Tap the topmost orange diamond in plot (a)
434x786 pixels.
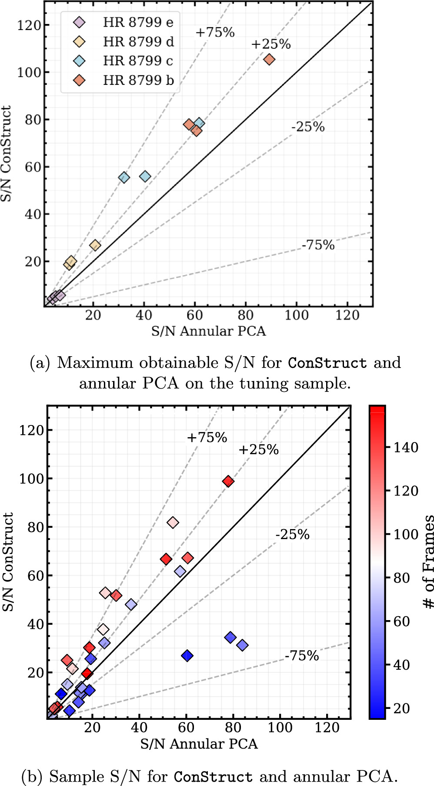tap(269, 59)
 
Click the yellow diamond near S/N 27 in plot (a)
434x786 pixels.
tap(95, 245)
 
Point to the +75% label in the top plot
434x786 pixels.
tap(215, 32)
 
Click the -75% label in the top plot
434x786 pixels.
tap(318, 245)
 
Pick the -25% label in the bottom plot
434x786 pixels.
tap(293, 534)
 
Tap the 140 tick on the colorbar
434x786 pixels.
tap(405, 447)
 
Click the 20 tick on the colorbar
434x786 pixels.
tap(401, 708)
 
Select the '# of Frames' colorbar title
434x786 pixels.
tap(428, 562)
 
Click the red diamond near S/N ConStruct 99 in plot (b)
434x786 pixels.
tap(228, 481)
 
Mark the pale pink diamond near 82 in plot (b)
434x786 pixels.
tap(173, 522)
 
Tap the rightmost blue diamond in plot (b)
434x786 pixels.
tap(243, 645)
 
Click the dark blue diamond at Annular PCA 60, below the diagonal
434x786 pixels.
tap(187, 656)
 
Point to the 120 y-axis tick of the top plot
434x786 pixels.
tap(29, 25)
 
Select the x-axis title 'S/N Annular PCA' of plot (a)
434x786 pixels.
tap(208, 331)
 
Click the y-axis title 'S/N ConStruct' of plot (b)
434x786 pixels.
tap(8, 562)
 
